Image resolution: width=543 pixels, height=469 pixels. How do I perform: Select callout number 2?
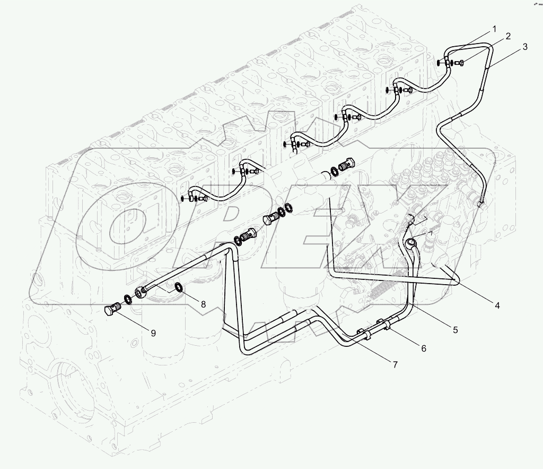tap(508, 37)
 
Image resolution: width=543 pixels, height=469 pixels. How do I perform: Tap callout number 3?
tap(525, 47)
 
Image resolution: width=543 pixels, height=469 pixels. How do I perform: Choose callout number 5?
tap(456, 330)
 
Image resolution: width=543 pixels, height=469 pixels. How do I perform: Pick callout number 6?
tap(424, 348)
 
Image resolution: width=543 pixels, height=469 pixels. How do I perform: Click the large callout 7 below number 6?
tap(395, 364)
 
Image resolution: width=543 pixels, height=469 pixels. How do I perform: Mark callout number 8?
tap(202, 303)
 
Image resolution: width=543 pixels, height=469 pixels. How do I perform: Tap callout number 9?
tap(153, 333)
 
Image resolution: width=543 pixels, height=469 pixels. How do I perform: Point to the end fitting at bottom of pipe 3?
tap(481, 202)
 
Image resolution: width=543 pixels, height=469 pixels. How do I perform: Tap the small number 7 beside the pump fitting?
tap(431, 233)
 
